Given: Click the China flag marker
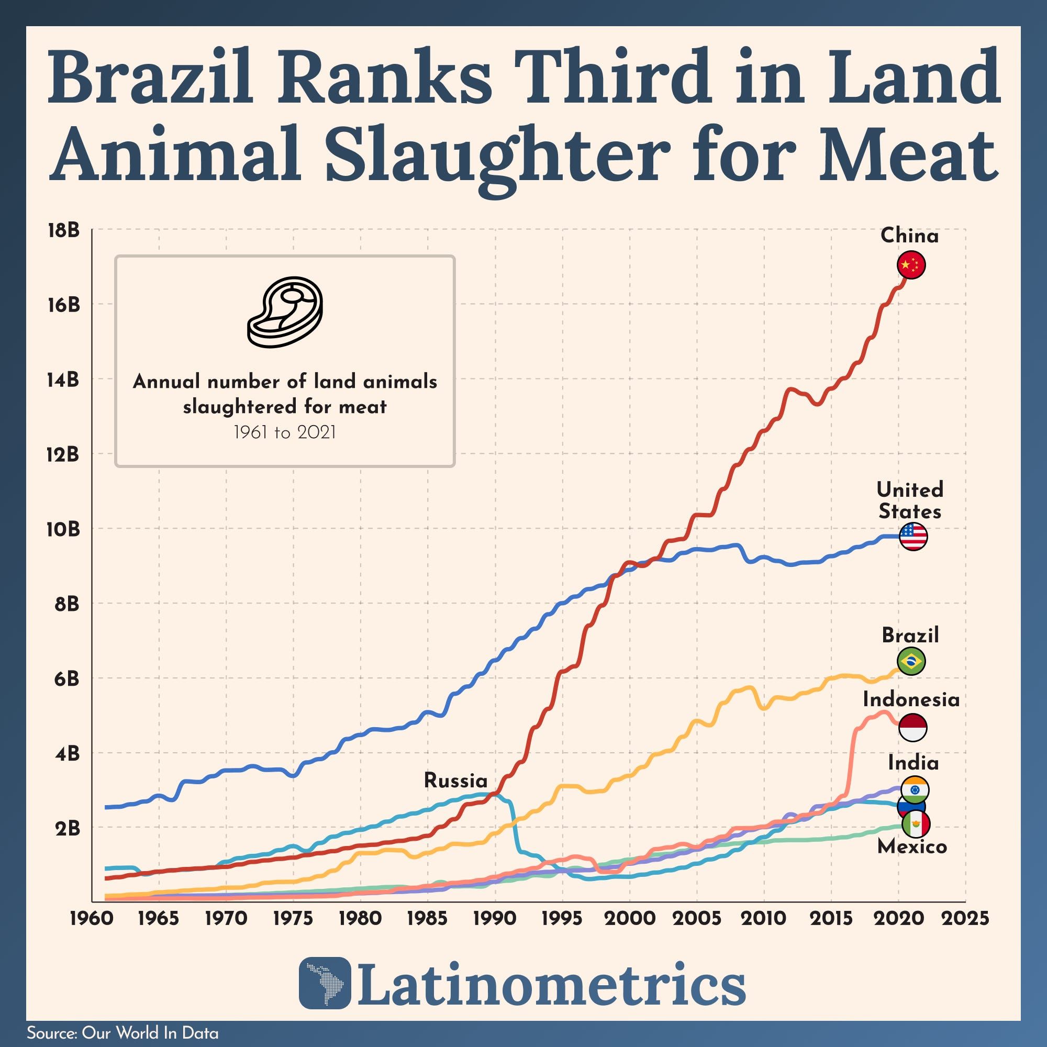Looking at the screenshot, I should tap(911, 265).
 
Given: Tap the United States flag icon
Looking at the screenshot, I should tap(913, 537).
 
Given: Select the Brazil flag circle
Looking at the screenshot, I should tap(911, 661).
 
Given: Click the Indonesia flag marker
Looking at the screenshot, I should tap(912, 727).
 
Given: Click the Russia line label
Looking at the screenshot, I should tap(455, 781).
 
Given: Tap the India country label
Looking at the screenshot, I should tap(912, 763).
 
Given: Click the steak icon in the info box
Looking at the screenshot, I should tap(285, 311).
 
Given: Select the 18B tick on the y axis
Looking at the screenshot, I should tap(63, 230).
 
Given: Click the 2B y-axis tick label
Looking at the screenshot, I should tap(66, 829).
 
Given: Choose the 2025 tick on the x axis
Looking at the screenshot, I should tap(966, 919).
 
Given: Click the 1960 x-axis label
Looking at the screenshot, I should tap(92, 919).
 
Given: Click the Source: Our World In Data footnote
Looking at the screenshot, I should tap(122, 1033).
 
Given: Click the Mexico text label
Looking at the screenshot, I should tap(912, 846).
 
